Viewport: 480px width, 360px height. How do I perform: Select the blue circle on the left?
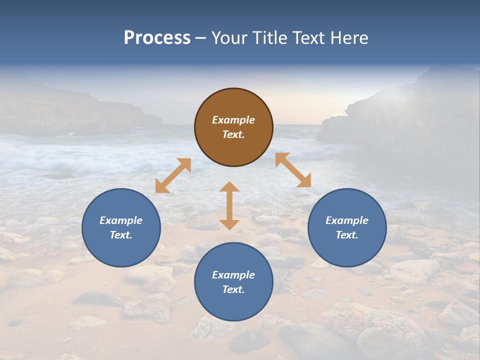click(121, 227)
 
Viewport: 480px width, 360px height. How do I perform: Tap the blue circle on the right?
click(347, 227)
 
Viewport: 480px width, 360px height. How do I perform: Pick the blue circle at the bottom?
click(233, 282)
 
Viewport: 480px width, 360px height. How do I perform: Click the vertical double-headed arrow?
click(229, 205)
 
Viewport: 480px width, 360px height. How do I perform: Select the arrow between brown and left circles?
click(173, 175)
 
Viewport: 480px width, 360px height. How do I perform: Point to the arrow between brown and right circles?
click(293, 170)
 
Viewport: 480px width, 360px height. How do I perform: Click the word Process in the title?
click(157, 38)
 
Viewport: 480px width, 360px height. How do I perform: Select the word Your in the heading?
click(228, 38)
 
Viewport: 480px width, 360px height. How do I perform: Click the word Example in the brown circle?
click(233, 120)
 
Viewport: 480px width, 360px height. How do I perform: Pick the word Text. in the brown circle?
click(233, 134)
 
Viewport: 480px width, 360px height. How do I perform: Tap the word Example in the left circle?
click(121, 220)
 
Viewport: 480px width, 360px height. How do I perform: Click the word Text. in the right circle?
click(347, 235)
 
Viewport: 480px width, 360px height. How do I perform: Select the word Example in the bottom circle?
click(233, 275)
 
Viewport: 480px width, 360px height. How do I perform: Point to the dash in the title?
click(200, 38)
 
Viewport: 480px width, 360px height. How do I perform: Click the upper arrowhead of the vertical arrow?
click(229, 187)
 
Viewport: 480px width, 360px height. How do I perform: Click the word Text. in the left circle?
click(121, 235)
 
